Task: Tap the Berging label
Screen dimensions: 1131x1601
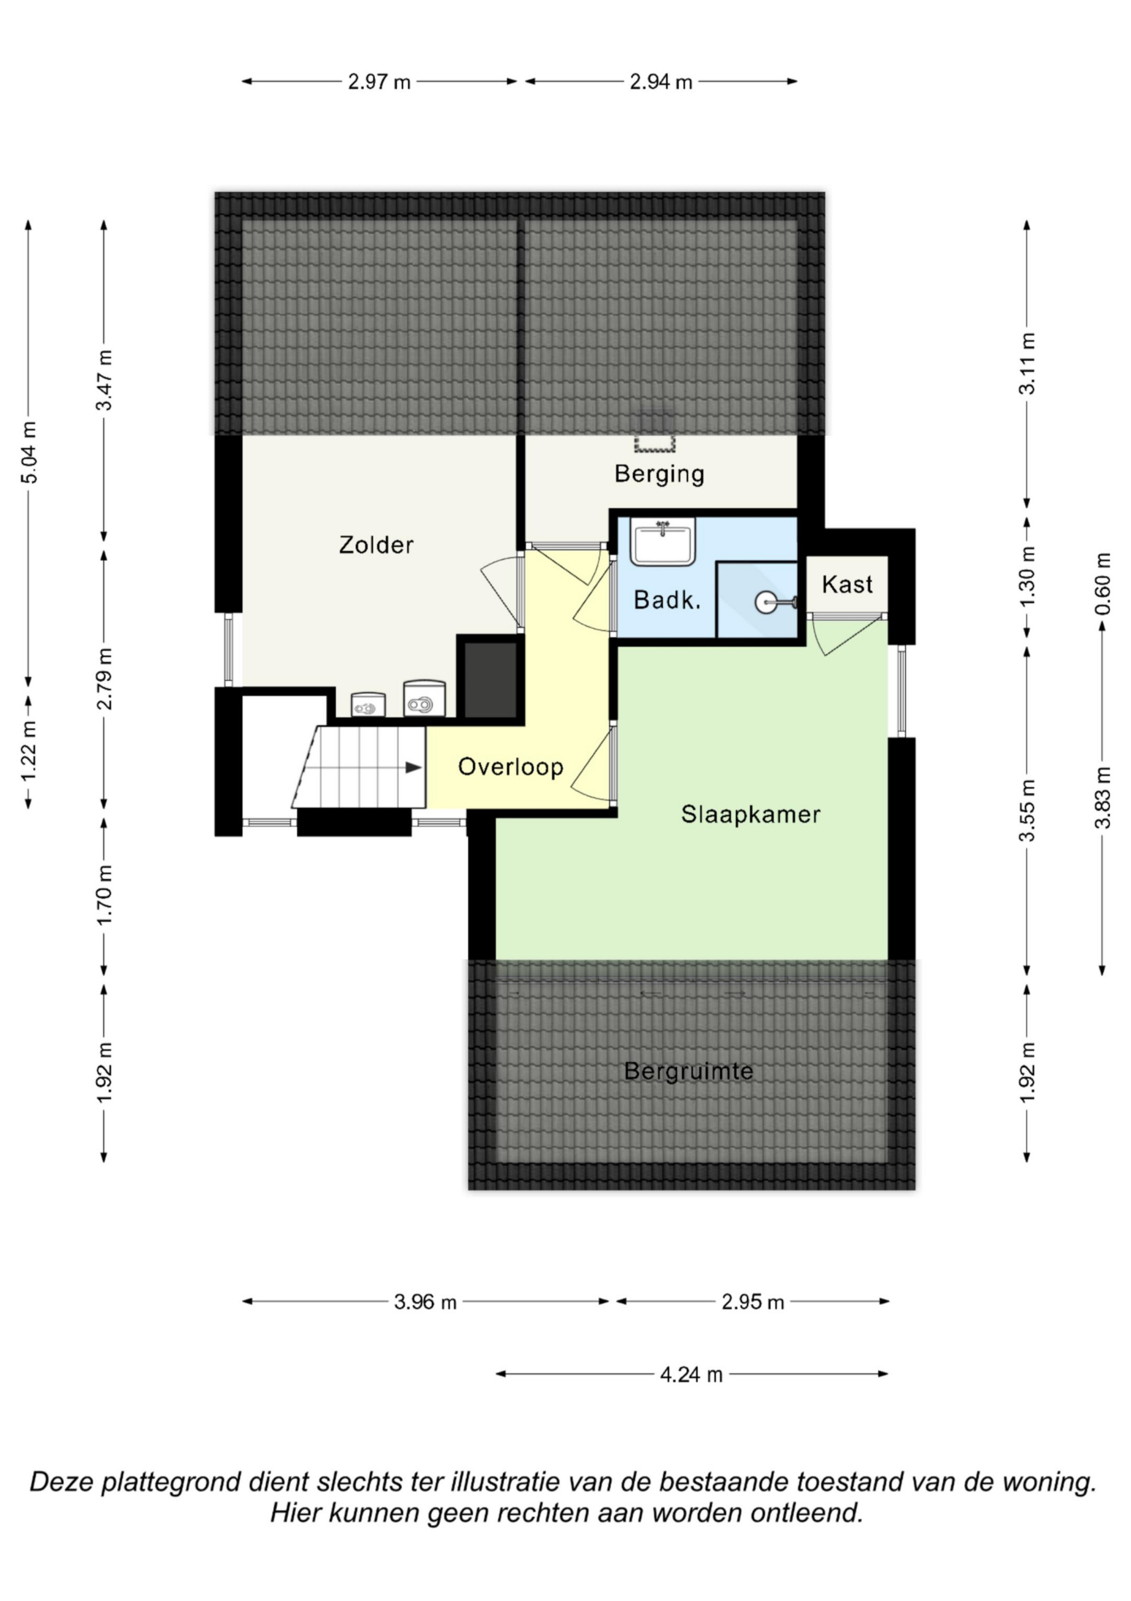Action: pyautogui.click(x=659, y=474)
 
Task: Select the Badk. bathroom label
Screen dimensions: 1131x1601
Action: pyautogui.click(x=667, y=600)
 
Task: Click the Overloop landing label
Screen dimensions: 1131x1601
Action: pyautogui.click(x=511, y=766)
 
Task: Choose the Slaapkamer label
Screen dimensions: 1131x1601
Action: pyautogui.click(x=750, y=814)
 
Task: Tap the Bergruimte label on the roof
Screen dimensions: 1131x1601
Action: pyautogui.click(x=688, y=1070)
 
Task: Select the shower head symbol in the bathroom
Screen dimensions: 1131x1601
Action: pyautogui.click(x=773, y=603)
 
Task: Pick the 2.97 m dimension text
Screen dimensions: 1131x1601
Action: pyautogui.click(x=379, y=82)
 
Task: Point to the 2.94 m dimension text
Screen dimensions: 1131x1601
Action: pyautogui.click(x=661, y=82)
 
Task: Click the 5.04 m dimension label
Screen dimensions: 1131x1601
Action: pyautogui.click(x=29, y=452)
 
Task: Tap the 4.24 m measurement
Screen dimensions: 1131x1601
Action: pyautogui.click(x=691, y=1375)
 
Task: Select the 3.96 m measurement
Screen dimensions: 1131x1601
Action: pyautogui.click(x=425, y=1302)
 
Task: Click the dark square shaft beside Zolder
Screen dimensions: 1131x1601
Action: pyautogui.click(x=491, y=680)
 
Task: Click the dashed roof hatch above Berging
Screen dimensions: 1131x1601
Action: pyautogui.click(x=655, y=430)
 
